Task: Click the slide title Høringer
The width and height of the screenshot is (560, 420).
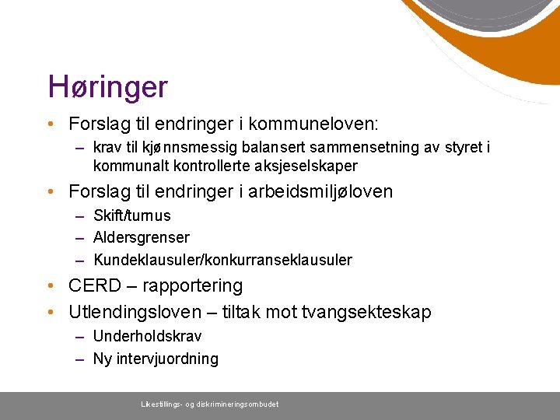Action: coord(107,86)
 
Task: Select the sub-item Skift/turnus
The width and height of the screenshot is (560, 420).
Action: coord(131,215)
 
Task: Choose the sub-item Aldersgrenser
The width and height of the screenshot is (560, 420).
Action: coord(141,237)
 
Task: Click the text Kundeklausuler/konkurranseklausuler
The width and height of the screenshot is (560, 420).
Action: coord(222,260)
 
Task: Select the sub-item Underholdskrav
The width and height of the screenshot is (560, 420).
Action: coord(147,336)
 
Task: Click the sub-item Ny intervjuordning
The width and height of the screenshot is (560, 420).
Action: coord(156,359)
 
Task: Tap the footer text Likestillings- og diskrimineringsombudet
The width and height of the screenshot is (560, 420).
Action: coord(209,404)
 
